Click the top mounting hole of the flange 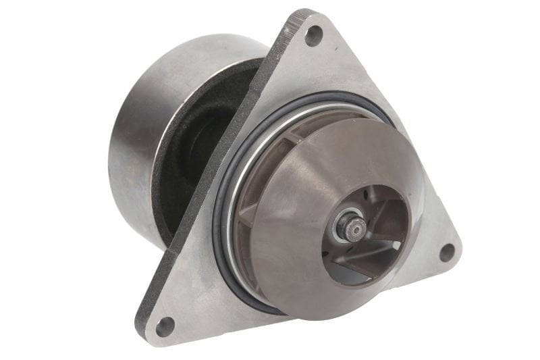tap(313, 34)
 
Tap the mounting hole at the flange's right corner tap(446, 252)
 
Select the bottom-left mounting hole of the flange tap(164, 327)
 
